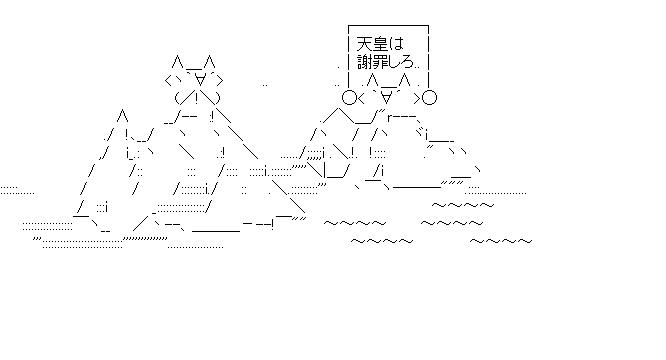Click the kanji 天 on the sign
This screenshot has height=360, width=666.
[365, 45]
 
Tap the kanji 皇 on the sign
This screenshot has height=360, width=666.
[383, 45]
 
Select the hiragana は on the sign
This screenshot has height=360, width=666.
[400, 45]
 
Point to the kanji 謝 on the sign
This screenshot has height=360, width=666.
[365, 63]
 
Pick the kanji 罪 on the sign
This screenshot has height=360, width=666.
[383, 63]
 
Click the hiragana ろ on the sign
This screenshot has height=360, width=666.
[412, 64]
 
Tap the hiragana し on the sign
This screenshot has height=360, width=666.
[399, 63]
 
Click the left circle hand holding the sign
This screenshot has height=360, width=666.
[349, 97]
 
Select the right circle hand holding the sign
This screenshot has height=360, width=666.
[429, 97]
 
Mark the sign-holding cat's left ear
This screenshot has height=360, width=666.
[372, 78]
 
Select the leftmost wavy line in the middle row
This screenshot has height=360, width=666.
[354, 223]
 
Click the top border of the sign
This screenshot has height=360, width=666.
[389, 27]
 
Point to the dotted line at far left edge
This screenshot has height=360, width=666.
[16, 189]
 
